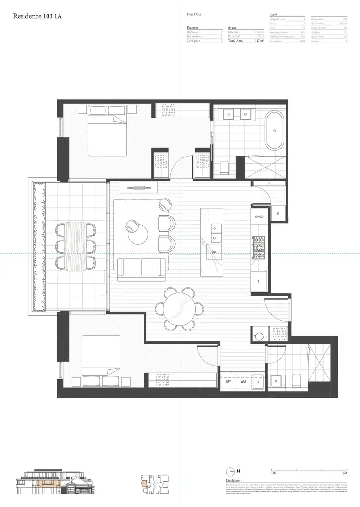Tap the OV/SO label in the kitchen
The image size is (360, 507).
[260, 217]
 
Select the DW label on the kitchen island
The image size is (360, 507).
[212, 251]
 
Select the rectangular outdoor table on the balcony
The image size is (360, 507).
[75, 246]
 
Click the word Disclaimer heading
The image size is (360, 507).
[233, 481]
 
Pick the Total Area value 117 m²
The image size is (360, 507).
[260, 41]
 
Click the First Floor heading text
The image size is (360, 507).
[193, 15]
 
